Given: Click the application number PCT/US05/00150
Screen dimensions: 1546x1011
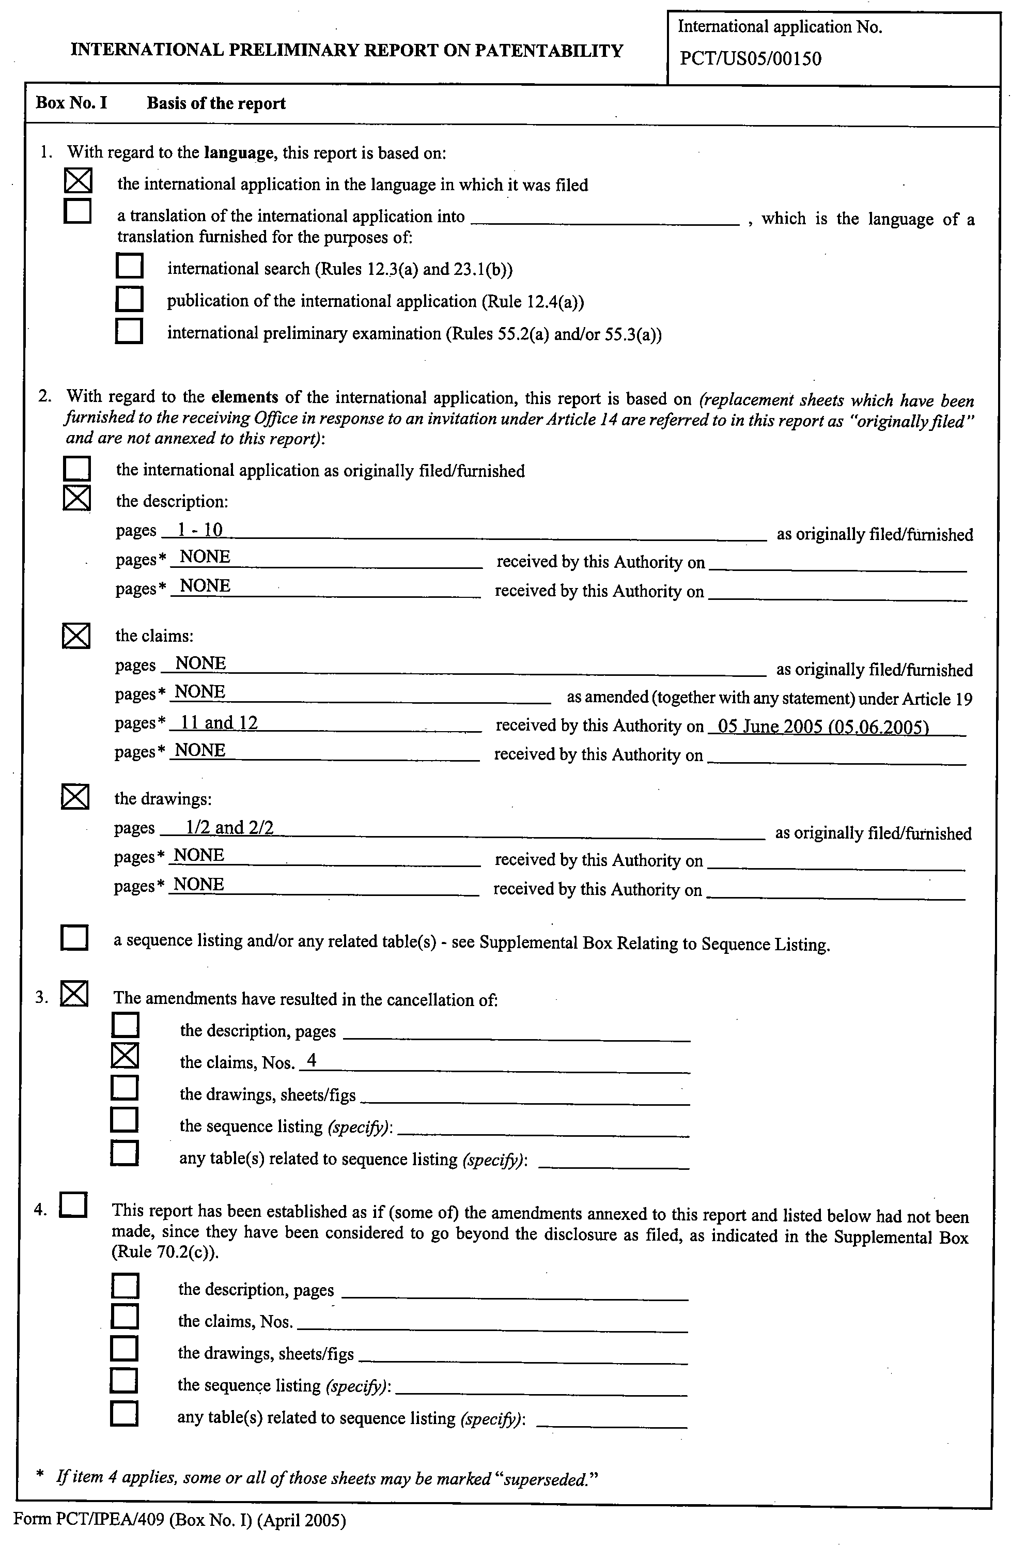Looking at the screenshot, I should tap(750, 59).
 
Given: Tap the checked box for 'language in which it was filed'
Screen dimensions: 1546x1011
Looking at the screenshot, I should tap(78, 180).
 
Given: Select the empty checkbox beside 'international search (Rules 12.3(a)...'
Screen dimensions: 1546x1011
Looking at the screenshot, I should tap(129, 266).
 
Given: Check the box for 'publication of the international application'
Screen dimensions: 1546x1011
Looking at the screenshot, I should tap(129, 298).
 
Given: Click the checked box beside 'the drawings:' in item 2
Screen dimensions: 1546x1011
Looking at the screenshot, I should tap(75, 797).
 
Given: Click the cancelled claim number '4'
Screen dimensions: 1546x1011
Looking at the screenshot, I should tap(312, 1060).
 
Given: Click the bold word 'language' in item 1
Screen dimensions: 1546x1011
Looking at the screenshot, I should tap(238, 153).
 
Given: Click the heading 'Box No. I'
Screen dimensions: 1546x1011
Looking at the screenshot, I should tap(71, 103).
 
